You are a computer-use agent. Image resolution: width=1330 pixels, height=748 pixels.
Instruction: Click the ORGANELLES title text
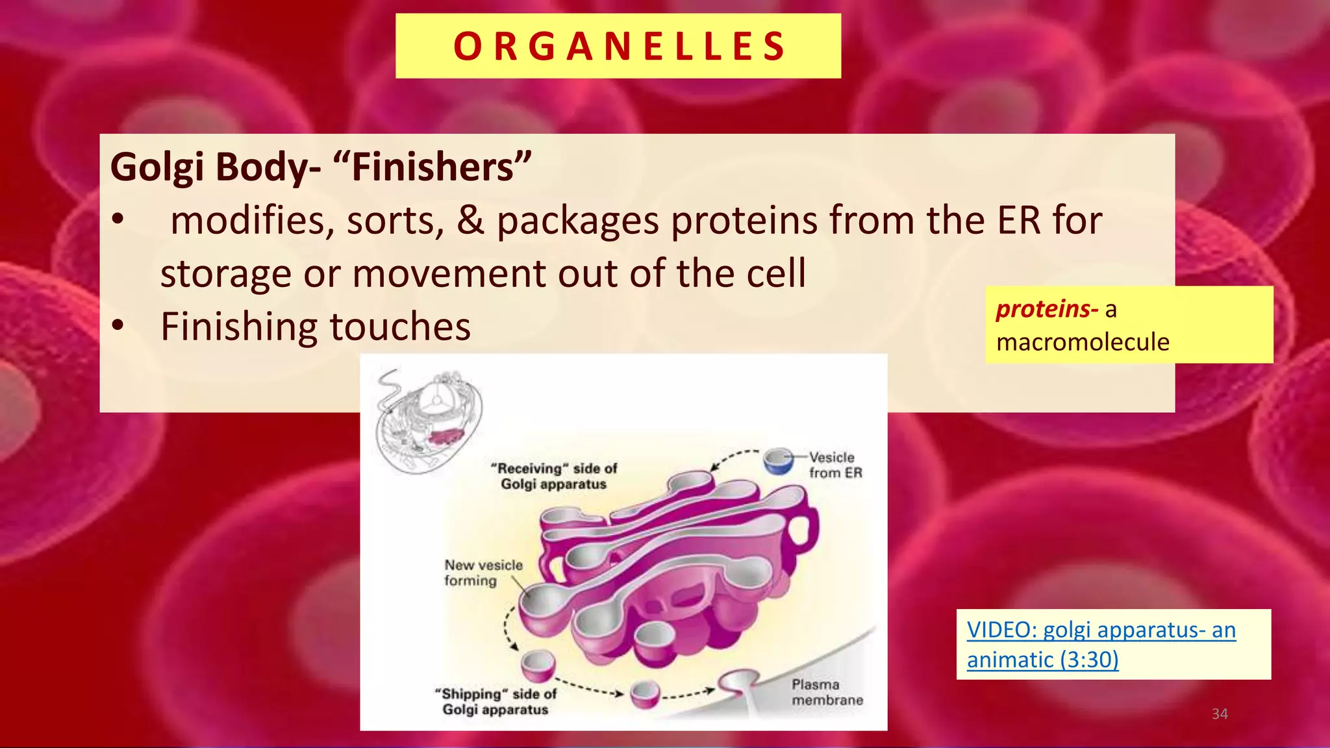point(619,46)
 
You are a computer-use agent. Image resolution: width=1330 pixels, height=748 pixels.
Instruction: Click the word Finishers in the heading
point(433,167)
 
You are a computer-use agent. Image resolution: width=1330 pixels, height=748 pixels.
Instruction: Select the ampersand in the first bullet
point(470,220)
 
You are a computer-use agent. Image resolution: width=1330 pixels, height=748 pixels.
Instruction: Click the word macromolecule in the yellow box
point(1083,342)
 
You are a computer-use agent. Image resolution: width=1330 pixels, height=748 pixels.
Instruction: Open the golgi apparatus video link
point(1101,644)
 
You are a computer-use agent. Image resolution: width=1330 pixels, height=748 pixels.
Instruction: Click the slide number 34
point(1220,714)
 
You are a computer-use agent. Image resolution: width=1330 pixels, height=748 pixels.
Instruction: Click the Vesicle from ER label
point(834,465)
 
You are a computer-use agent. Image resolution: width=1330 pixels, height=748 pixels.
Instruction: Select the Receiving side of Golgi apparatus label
point(553,476)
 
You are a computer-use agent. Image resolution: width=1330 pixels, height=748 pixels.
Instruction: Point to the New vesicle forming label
point(483,573)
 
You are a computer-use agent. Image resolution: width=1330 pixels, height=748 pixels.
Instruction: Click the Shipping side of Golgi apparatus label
point(496,701)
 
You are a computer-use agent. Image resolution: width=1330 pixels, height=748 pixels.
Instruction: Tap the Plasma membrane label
point(827,692)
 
